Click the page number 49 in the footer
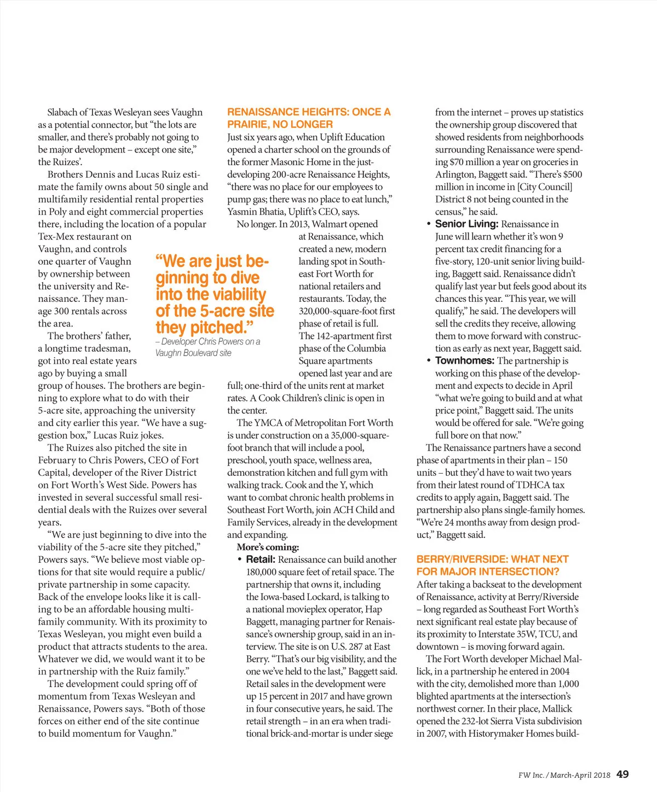(623, 774)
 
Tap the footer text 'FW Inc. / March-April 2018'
(564, 775)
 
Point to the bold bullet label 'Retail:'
(261, 560)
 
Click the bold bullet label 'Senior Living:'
(466, 224)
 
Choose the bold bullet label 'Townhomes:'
(465, 360)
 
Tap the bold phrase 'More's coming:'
(268, 547)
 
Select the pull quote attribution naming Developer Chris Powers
(208, 347)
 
